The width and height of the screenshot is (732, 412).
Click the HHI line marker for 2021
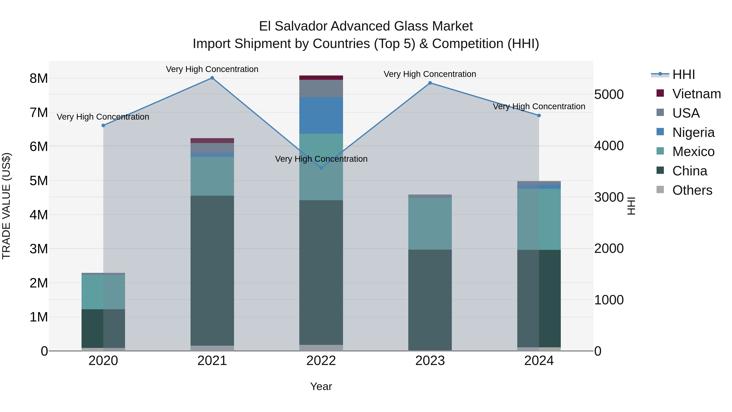(x=212, y=78)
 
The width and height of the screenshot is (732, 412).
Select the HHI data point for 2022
(x=321, y=168)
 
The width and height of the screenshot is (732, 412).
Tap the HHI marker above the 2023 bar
(x=430, y=83)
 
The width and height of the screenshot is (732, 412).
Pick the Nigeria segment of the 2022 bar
(x=321, y=115)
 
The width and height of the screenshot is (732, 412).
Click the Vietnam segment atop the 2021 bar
(x=212, y=140)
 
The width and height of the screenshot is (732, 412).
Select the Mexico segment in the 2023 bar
(x=430, y=224)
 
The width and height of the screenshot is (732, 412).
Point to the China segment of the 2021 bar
(x=212, y=270)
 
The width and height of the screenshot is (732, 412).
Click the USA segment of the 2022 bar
(x=321, y=89)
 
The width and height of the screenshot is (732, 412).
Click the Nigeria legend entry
(x=693, y=132)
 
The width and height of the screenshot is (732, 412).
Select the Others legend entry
(x=692, y=190)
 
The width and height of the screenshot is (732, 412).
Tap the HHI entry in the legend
(x=683, y=74)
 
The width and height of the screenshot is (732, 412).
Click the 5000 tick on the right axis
(x=609, y=94)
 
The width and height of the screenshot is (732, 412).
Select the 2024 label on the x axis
(x=539, y=361)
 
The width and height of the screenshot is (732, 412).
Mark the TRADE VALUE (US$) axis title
(x=6, y=206)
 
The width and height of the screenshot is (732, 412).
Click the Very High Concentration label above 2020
(x=103, y=117)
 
